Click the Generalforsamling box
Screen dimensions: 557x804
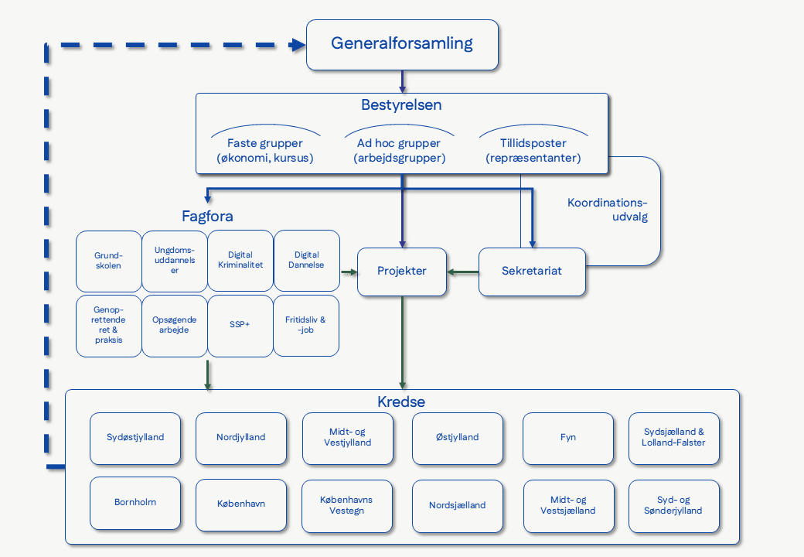(x=402, y=44)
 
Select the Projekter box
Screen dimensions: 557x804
(x=402, y=272)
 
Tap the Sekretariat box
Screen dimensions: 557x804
(x=532, y=272)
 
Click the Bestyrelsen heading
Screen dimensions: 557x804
(x=401, y=104)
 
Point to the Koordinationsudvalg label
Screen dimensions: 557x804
(x=608, y=210)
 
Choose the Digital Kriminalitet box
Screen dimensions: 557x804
(x=240, y=260)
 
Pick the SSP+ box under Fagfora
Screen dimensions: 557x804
(x=240, y=325)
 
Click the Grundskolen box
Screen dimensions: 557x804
(x=109, y=260)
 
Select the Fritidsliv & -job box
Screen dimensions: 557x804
(x=306, y=325)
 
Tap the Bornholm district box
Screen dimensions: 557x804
(x=135, y=503)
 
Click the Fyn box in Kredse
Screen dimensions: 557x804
(x=568, y=438)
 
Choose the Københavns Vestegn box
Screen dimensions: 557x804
(x=346, y=505)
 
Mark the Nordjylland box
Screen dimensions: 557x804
(x=241, y=438)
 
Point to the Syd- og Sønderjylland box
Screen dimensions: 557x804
(x=674, y=506)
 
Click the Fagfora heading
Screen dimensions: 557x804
(x=207, y=217)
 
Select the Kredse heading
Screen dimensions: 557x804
(x=401, y=402)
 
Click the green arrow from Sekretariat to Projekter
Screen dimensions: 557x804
(x=463, y=272)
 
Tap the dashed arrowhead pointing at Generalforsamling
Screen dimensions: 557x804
(x=298, y=45)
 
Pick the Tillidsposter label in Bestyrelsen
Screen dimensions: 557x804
(x=533, y=144)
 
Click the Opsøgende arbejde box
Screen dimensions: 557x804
(x=175, y=325)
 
